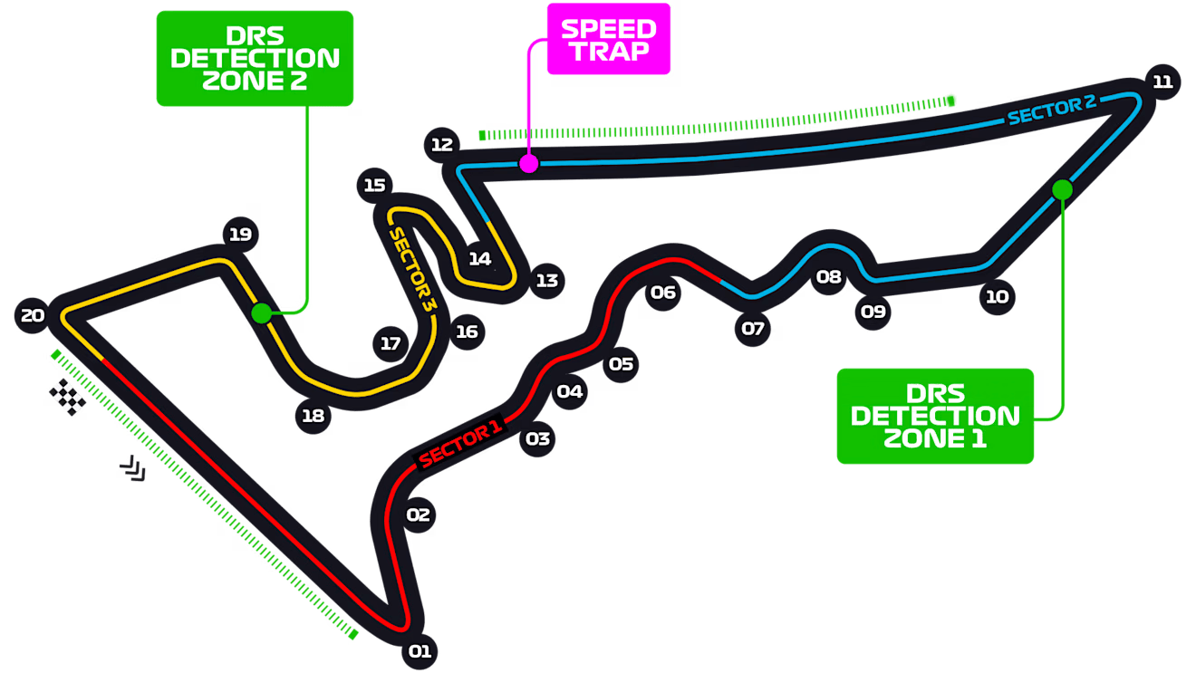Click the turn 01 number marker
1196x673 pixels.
[419, 650]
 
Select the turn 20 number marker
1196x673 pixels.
[33, 315]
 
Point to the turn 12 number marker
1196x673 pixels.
[441, 144]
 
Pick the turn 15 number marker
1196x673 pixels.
[375, 186]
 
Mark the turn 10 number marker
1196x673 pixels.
[997, 296]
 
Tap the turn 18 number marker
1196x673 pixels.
[313, 416]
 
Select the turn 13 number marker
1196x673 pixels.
[546, 281]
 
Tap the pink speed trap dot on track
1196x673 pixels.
[528, 164]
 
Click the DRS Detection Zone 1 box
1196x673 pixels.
[935, 416]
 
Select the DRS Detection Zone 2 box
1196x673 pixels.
[255, 58]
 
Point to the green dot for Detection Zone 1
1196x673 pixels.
[1062, 189]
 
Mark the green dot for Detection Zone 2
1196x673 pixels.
[261, 313]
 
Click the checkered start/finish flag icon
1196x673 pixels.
[69, 397]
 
